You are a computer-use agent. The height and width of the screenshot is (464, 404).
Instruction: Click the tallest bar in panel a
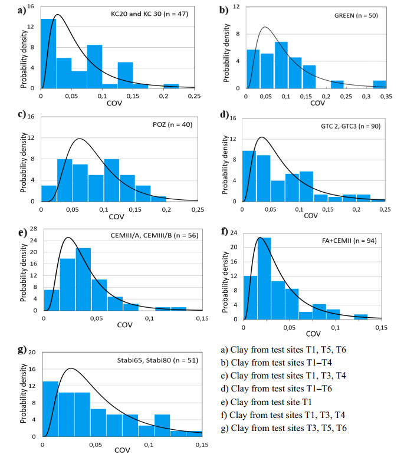click(48, 54)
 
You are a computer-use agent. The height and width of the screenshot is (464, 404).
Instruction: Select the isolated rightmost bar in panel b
click(379, 84)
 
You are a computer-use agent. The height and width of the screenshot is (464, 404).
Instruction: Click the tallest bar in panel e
click(83, 281)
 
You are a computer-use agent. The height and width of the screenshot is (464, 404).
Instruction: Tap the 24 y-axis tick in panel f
click(234, 232)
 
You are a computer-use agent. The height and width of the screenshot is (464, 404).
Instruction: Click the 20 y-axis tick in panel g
click(32, 353)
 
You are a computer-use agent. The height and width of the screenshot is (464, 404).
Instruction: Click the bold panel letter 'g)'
click(23, 350)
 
